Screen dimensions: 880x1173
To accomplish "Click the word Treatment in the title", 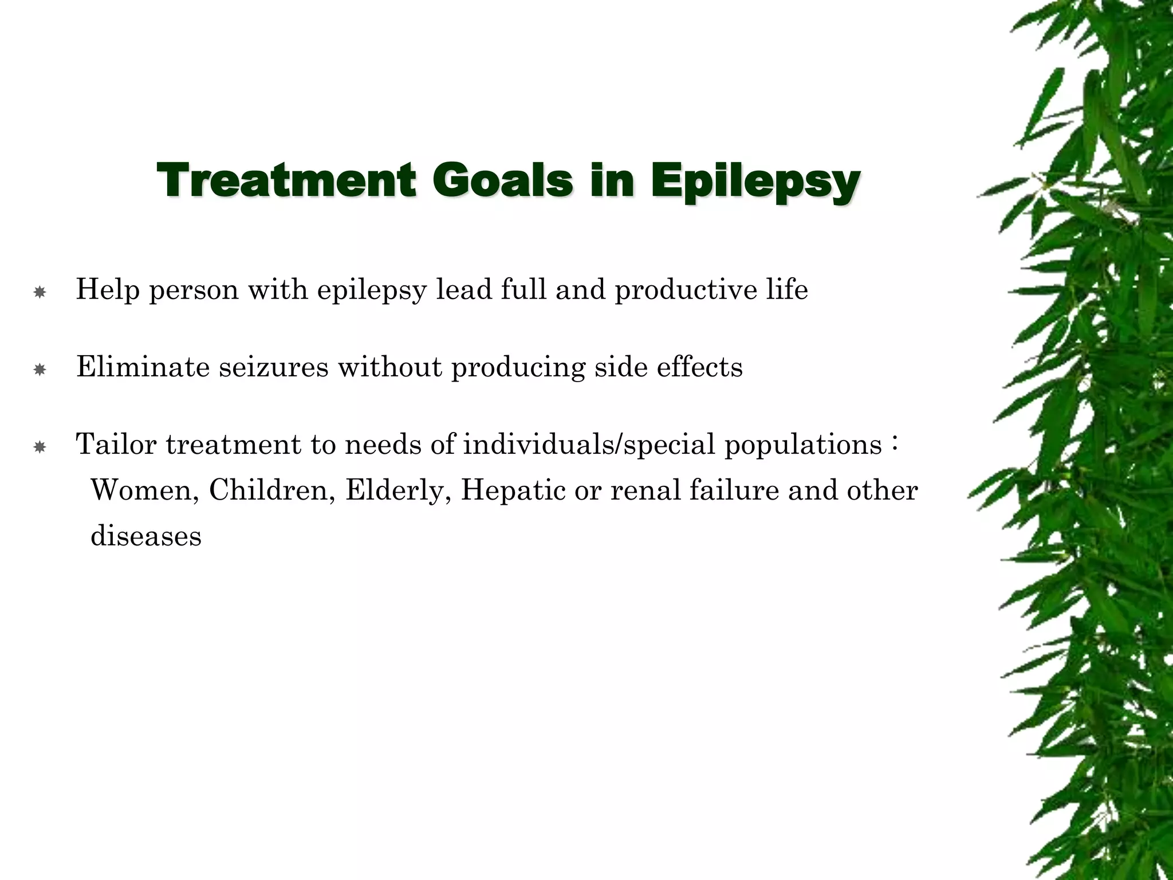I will pyautogui.click(x=285, y=180).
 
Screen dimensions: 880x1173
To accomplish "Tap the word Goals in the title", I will pyautogui.click(x=506, y=180).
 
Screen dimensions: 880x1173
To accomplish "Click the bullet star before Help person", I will pyautogui.click(x=40, y=292).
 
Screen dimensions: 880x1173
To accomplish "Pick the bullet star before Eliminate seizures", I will pyautogui.click(x=40, y=370).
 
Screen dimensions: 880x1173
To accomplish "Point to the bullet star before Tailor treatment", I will pyautogui.click(x=40, y=447).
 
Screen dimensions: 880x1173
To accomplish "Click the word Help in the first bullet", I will pyautogui.click(x=108, y=289).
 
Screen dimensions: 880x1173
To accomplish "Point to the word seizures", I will pyautogui.click(x=274, y=368).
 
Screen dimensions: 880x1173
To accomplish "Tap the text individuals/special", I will pyautogui.click(x=589, y=445).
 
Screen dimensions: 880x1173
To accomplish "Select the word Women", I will pyautogui.click(x=145, y=491).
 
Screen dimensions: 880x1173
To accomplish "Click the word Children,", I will pyautogui.click(x=272, y=491).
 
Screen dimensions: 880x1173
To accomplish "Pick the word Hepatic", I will pyautogui.click(x=513, y=491).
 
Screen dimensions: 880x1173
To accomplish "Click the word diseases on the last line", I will pyautogui.click(x=146, y=536).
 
